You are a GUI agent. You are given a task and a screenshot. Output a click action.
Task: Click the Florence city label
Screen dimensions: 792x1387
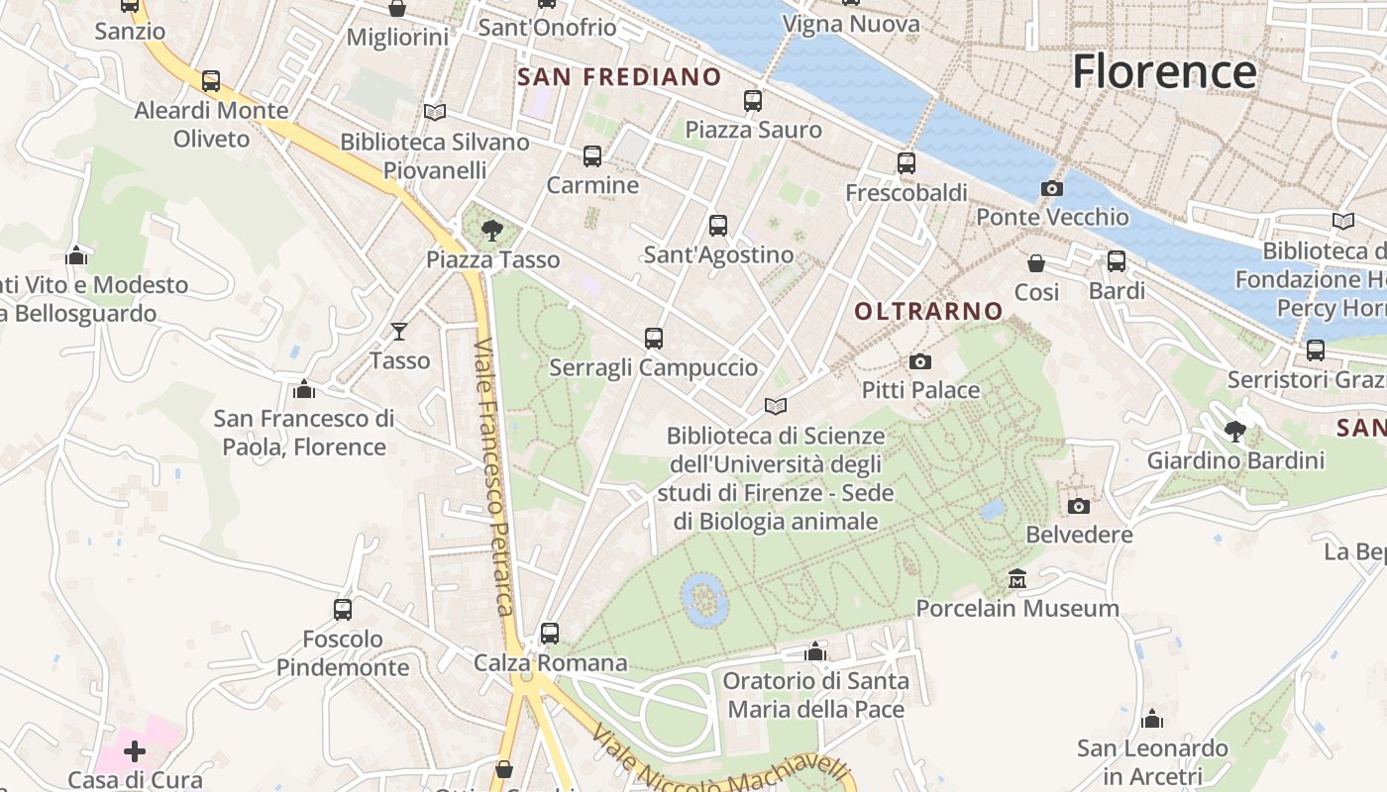pyautogui.click(x=1164, y=72)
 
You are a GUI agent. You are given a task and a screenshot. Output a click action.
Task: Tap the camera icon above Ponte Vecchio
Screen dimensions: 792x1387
pyautogui.click(x=1052, y=188)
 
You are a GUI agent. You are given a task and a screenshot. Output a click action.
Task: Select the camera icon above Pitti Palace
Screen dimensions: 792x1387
pyautogui.click(x=920, y=361)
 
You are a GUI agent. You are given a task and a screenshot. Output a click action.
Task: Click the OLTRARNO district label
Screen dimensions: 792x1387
pyautogui.click(x=928, y=311)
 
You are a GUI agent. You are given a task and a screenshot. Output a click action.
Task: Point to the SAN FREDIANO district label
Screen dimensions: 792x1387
pyautogui.click(x=619, y=76)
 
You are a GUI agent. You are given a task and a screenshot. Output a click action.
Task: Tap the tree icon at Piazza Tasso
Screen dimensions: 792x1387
pyautogui.click(x=491, y=232)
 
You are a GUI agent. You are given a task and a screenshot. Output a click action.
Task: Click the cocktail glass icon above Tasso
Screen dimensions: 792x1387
pyautogui.click(x=399, y=331)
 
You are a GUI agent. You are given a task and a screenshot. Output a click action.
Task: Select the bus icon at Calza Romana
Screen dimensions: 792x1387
pyautogui.click(x=550, y=633)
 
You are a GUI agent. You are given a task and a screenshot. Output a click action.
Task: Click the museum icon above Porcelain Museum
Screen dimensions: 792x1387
pyautogui.click(x=1016, y=578)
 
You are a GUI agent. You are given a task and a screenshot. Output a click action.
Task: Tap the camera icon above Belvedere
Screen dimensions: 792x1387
pyautogui.click(x=1079, y=506)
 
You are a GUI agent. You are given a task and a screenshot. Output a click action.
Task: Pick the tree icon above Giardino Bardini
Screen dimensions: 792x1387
pyautogui.click(x=1234, y=432)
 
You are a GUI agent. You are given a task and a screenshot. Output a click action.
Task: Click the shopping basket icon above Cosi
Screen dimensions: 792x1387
pyautogui.click(x=1036, y=263)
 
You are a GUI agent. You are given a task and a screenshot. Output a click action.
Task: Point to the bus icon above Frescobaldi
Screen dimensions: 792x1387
pyautogui.click(x=906, y=163)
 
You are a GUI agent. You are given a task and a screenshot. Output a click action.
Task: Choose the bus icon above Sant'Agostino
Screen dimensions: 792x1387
pyautogui.click(x=718, y=226)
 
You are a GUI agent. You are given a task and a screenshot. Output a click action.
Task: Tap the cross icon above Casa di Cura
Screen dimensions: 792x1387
pyautogui.click(x=135, y=751)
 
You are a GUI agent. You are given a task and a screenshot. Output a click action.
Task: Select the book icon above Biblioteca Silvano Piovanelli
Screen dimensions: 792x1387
pyautogui.click(x=434, y=113)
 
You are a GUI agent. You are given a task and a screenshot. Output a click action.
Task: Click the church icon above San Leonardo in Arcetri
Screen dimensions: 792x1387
pyautogui.click(x=1152, y=719)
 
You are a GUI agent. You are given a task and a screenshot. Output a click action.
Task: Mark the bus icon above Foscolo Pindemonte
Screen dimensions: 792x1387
pyautogui.click(x=343, y=610)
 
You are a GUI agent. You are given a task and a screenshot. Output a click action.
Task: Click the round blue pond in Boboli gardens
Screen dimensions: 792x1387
pyautogui.click(x=704, y=599)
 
